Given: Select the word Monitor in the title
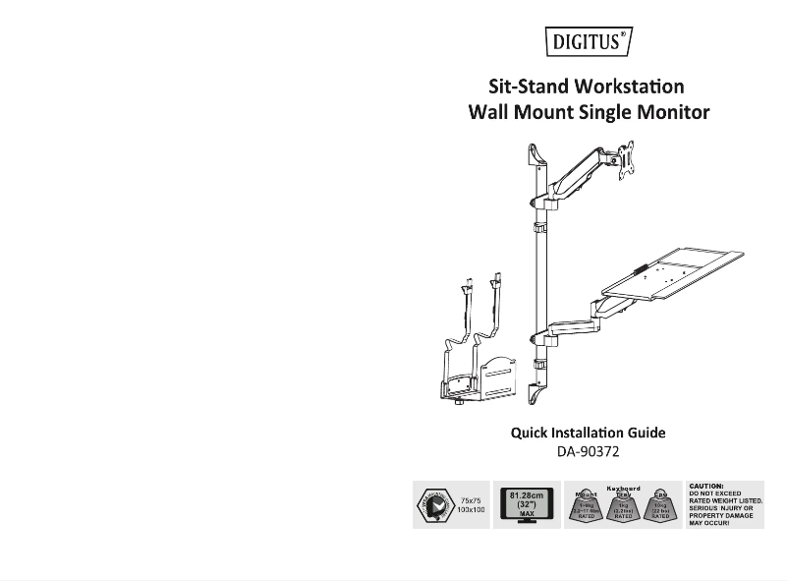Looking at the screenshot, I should (670, 112).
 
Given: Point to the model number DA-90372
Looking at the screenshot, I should (588, 452).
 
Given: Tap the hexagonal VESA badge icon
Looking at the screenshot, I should (434, 505).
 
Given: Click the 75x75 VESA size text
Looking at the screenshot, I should (473, 499).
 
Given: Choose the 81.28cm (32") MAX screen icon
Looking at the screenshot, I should (526, 504).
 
